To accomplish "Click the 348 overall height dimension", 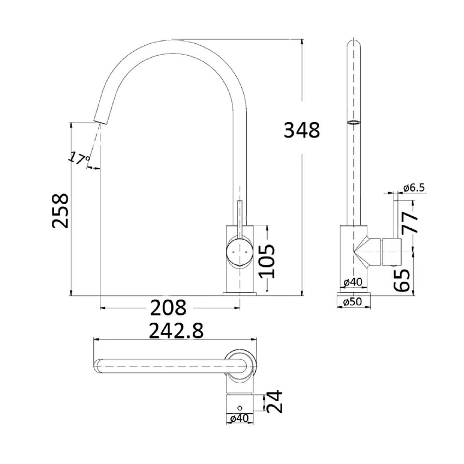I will [302, 130].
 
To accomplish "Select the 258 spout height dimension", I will [60, 211].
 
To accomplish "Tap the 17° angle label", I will [80, 159].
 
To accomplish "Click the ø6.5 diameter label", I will [414, 188].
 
